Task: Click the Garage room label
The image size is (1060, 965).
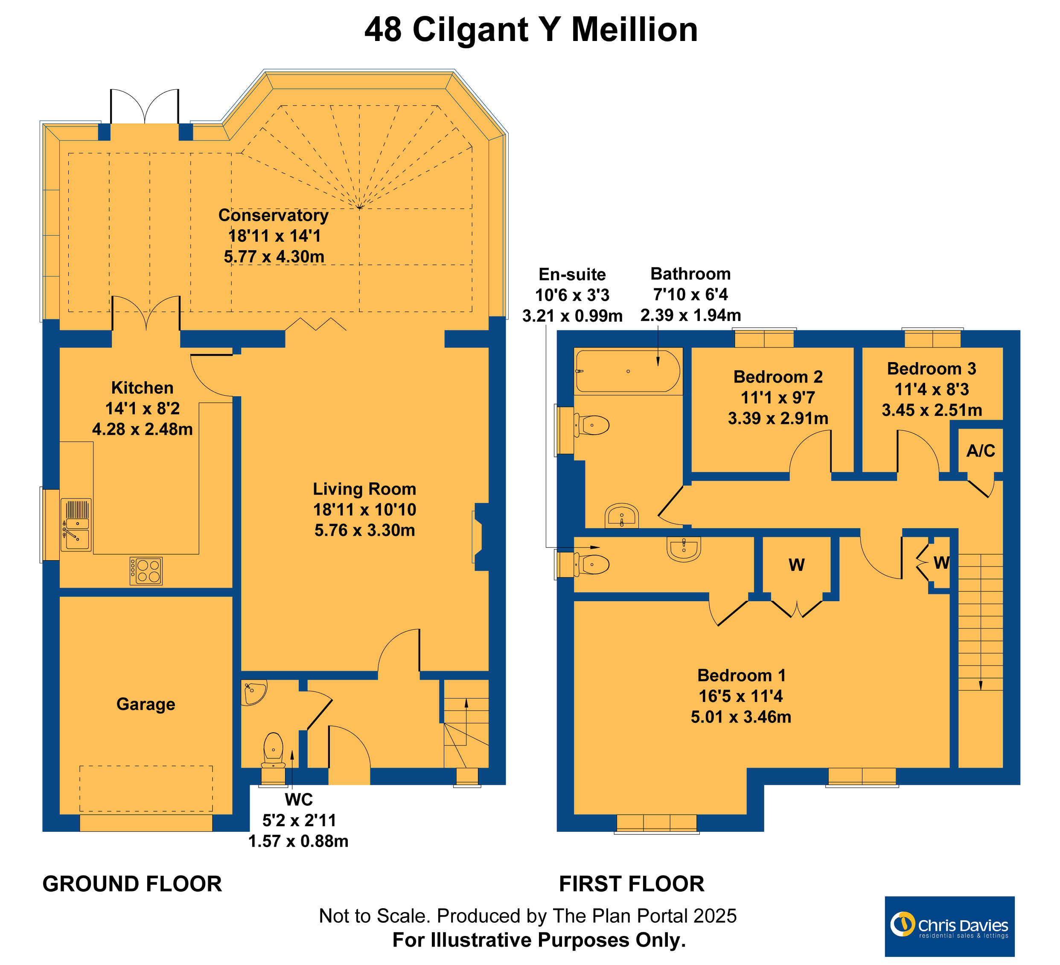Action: (146, 704)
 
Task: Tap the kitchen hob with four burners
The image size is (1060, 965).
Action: (146, 571)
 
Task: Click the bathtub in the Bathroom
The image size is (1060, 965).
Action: (628, 371)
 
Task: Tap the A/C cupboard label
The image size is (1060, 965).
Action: (981, 451)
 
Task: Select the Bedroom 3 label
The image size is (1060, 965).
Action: (931, 369)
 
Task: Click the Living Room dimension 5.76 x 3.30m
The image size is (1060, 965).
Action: (365, 530)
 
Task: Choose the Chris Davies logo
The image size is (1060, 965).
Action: (949, 927)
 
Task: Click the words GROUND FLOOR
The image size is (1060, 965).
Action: (132, 884)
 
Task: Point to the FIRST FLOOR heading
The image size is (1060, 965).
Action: (632, 884)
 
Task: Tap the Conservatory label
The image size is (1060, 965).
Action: (274, 216)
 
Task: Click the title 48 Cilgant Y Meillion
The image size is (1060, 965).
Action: (531, 29)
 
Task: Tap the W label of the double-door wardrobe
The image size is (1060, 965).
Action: (797, 565)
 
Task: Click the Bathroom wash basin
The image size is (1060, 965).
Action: (622, 516)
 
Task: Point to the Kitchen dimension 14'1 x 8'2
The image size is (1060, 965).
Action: (143, 408)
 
